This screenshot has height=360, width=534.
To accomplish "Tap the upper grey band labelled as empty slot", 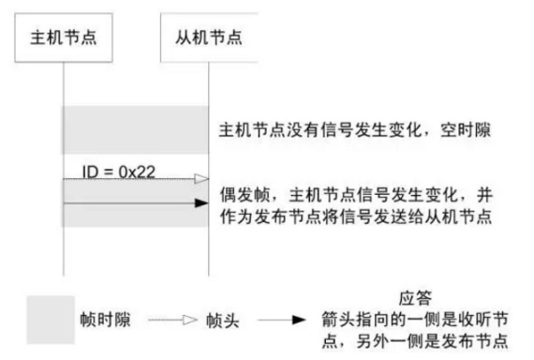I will pos(134,129).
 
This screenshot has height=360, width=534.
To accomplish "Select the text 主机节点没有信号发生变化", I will pos(310,128).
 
